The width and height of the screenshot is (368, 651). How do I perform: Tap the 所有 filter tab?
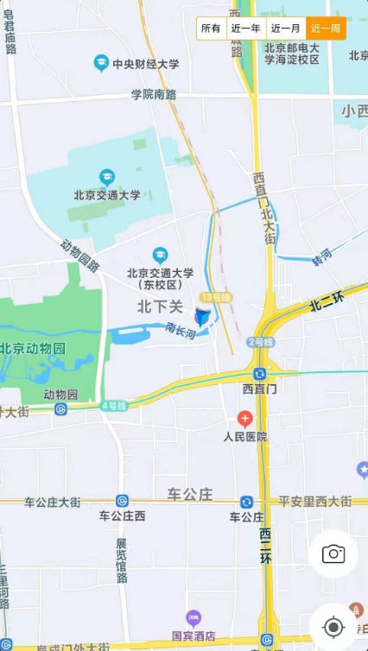[x=212, y=28]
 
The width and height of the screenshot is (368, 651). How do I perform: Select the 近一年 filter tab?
[x=245, y=28]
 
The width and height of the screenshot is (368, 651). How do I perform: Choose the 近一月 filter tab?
[x=285, y=28]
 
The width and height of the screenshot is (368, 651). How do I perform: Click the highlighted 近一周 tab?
[x=326, y=28]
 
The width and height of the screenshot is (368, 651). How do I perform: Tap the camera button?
[x=333, y=554]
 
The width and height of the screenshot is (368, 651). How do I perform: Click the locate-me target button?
[x=333, y=627]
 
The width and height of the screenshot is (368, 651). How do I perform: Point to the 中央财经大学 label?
[x=145, y=64]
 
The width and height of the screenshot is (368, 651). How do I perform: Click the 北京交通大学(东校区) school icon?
[x=160, y=255]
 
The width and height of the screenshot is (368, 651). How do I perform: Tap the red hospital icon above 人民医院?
[x=245, y=420]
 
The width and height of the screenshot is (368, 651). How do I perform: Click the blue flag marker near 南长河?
[x=201, y=318]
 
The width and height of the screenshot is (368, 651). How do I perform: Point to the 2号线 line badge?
[x=261, y=342]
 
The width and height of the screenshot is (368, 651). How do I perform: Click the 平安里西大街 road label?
[x=314, y=502]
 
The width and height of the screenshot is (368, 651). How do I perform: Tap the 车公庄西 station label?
[x=122, y=516]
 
